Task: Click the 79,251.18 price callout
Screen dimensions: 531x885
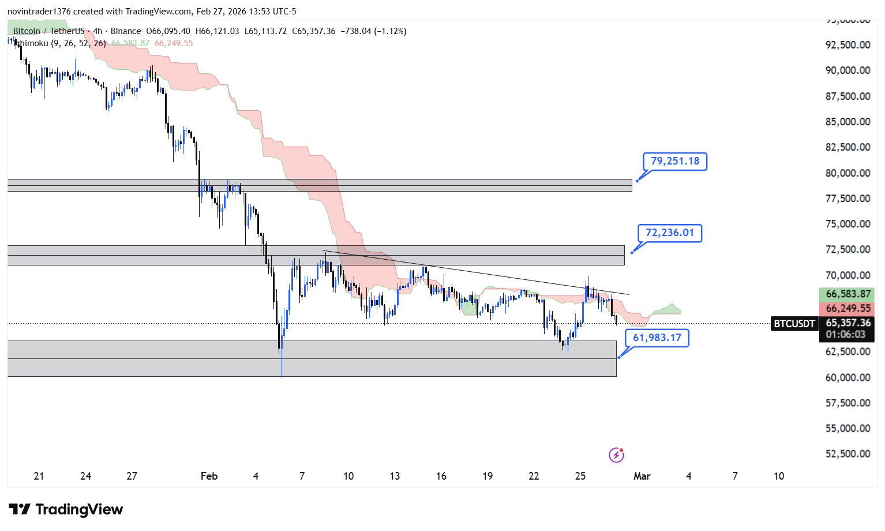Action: (x=675, y=161)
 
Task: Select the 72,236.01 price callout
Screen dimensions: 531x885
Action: (x=670, y=233)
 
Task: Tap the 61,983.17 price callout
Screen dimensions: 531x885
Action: (x=657, y=338)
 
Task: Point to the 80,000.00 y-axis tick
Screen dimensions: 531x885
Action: (x=847, y=173)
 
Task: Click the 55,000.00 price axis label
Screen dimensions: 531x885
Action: (x=847, y=428)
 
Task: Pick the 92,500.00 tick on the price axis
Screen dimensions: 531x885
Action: (x=847, y=45)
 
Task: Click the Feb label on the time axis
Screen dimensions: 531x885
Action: (x=209, y=476)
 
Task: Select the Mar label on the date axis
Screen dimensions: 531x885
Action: (x=642, y=476)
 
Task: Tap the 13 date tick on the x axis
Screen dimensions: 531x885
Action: (x=395, y=476)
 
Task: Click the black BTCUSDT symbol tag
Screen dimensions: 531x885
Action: (x=794, y=324)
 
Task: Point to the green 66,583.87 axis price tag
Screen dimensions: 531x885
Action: (x=848, y=294)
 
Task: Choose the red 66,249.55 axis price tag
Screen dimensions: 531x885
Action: (x=848, y=309)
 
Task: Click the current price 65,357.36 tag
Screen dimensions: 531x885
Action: (x=848, y=323)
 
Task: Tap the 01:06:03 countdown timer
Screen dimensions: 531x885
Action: (x=846, y=335)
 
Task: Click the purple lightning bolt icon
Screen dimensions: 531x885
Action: (x=616, y=455)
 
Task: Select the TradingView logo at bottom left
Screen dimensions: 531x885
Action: (x=66, y=509)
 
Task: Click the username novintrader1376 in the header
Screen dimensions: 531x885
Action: (x=39, y=12)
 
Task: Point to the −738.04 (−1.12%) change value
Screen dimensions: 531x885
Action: (x=373, y=31)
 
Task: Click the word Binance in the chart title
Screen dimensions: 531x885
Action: (x=125, y=31)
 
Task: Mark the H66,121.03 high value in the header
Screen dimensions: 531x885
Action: (x=217, y=31)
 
